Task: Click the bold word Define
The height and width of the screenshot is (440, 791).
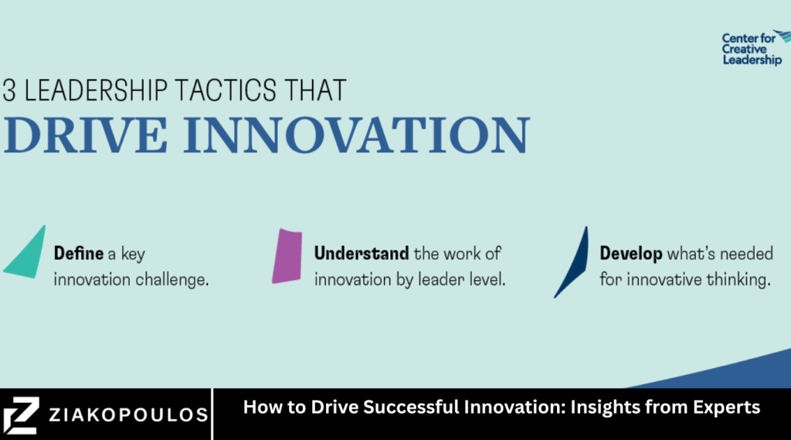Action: (x=75, y=253)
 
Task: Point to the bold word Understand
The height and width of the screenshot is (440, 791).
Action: (x=361, y=253)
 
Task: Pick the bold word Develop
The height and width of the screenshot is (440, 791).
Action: (x=630, y=253)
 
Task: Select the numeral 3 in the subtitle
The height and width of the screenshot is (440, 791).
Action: (x=9, y=90)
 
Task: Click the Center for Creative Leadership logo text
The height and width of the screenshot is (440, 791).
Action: (x=751, y=49)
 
